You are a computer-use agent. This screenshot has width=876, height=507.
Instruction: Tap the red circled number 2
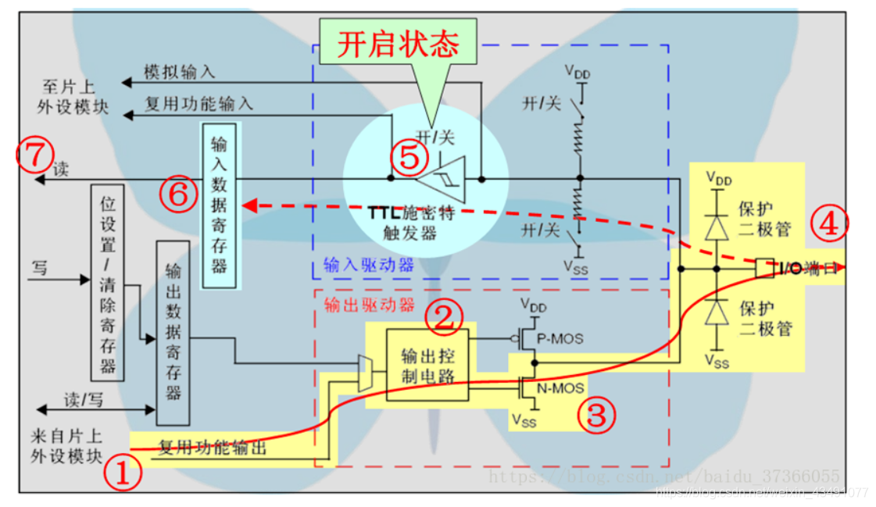tap(443, 316)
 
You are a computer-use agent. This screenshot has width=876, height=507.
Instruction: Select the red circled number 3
tap(596, 414)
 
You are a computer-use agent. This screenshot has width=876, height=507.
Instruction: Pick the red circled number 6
tap(179, 195)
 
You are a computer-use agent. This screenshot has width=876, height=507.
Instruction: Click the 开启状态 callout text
tap(397, 45)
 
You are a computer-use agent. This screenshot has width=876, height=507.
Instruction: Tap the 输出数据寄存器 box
tap(173, 331)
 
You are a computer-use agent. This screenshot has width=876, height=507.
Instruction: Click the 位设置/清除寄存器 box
tap(109, 282)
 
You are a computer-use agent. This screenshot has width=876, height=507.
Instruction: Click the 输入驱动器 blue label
tap(357, 266)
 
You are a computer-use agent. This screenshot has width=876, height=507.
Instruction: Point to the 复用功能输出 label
tap(213, 448)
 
